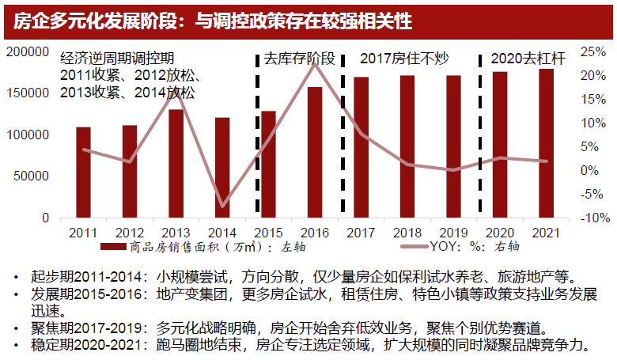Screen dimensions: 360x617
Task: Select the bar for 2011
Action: [x=83, y=172]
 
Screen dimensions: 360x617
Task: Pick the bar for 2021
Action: [x=546, y=143]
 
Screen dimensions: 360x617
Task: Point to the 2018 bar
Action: [x=407, y=146]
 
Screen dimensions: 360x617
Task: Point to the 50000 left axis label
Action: [x=32, y=176]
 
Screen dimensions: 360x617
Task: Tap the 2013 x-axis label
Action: [x=176, y=233]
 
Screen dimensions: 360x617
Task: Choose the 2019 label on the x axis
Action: [x=453, y=233]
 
